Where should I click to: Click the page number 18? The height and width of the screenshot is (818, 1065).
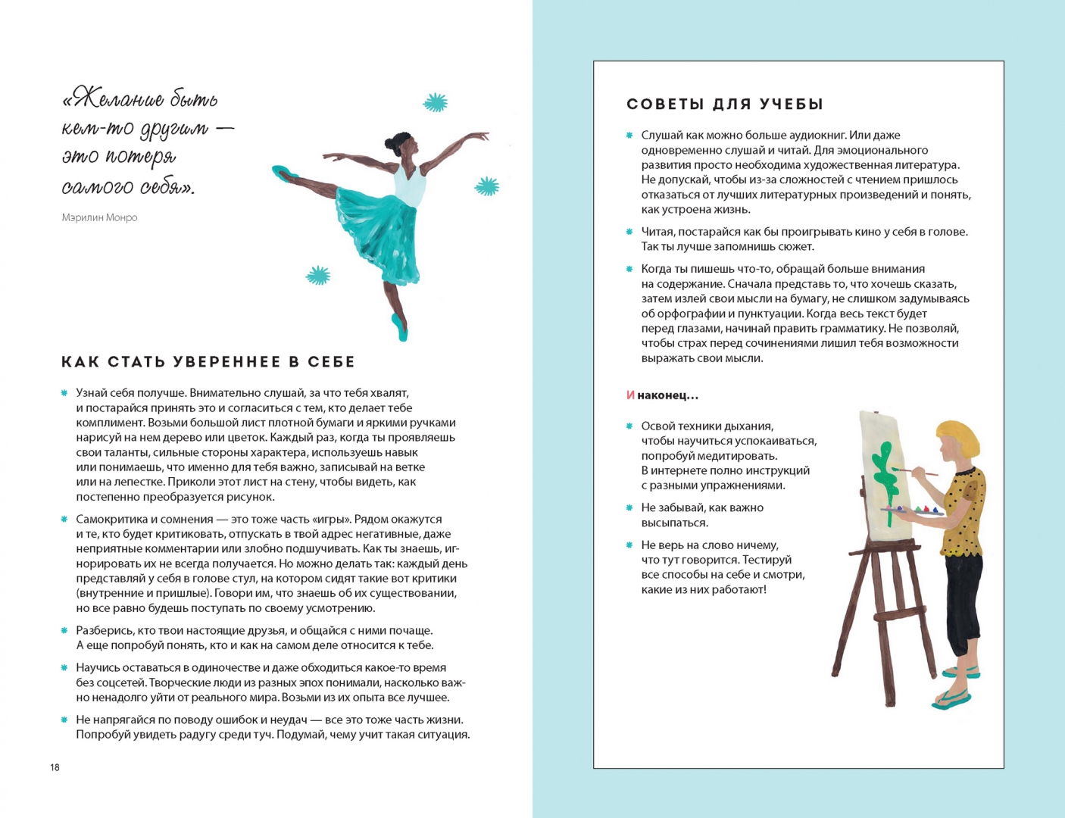coord(55,767)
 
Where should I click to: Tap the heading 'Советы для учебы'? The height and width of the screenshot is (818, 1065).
coord(725,104)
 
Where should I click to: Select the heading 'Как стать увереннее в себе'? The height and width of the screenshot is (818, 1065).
coord(208,361)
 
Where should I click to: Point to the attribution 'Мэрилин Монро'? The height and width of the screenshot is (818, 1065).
coord(99,217)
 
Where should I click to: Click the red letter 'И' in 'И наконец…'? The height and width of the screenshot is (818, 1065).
coord(631,395)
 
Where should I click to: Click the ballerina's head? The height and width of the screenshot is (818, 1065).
coord(402,145)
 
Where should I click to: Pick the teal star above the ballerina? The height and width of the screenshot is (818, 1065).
coord(435,102)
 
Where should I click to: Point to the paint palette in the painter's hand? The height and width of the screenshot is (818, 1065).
coord(911,511)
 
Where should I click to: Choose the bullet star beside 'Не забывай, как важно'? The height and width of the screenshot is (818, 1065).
coord(629,507)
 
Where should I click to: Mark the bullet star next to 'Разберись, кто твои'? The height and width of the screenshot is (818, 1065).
coord(64,630)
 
